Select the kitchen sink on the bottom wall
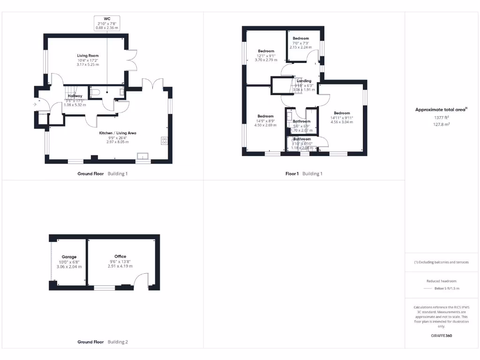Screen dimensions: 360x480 point(142,156)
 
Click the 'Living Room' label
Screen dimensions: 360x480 point(88,55)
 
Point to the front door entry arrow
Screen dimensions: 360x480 point(35,104)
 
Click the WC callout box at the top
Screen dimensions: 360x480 point(107,23)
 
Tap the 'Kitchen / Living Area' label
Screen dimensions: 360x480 point(117,133)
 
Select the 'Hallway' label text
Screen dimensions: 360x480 point(75,96)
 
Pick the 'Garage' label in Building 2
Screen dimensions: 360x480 point(69,256)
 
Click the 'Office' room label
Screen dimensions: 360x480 point(120,256)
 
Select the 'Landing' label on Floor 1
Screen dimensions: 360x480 point(304,81)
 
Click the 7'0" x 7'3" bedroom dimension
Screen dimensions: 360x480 point(301,43)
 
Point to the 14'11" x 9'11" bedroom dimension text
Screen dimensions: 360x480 point(342,118)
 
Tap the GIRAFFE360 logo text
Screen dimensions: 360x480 point(441,336)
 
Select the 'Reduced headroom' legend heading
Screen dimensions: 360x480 point(441,280)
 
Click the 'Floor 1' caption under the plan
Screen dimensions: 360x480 point(292,173)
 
